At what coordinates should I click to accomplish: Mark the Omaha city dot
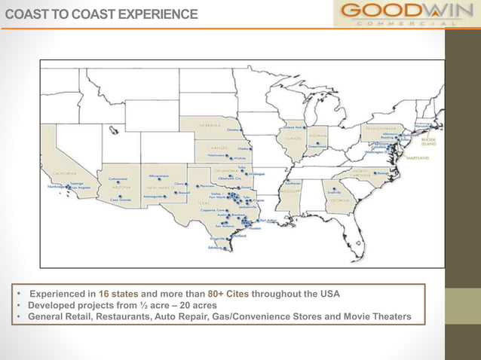point(240,130)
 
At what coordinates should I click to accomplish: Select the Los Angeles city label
point(81,186)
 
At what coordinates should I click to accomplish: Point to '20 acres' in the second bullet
point(195,305)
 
